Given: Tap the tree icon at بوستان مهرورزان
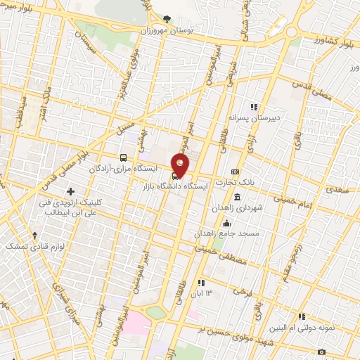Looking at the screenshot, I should (166, 20).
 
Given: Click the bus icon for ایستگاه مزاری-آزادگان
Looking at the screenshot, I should (124, 158).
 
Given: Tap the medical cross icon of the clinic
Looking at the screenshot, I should (70, 191).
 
